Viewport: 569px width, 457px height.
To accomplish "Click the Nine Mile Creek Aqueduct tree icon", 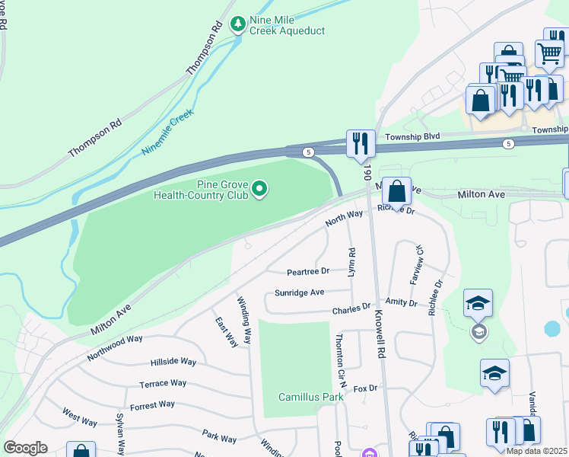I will click(239, 25).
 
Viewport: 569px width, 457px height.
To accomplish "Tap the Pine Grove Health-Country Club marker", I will click(259, 188).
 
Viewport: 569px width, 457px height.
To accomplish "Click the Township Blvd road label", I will click(412, 136).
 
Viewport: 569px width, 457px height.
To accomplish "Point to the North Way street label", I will click(344, 219).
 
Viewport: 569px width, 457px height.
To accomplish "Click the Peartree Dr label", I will click(307, 271).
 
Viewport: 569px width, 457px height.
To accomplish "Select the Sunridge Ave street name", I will click(299, 292).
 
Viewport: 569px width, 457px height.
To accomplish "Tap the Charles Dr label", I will click(351, 308).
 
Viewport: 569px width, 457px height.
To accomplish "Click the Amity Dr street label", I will click(402, 303).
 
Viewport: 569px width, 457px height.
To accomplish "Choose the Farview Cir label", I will click(416, 264).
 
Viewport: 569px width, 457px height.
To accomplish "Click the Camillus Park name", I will click(310, 397).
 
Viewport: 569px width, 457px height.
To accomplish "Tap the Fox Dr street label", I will click(365, 388).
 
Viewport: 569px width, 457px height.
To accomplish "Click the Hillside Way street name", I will click(173, 363).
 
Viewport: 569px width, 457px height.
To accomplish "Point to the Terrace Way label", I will click(162, 384).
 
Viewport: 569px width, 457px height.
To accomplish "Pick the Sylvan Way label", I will click(120, 435).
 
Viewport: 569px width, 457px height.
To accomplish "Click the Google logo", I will click(26, 447).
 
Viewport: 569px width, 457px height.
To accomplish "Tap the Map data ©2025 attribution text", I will click(536, 451).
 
